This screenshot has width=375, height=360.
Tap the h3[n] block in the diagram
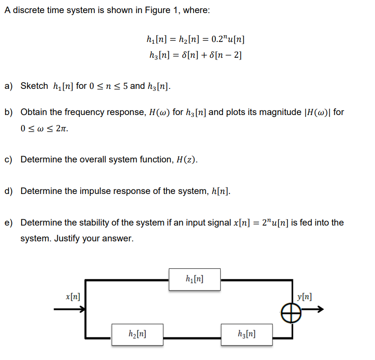point(247,334)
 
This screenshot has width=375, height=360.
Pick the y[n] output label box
point(305,297)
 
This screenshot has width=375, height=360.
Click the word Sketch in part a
point(34,86)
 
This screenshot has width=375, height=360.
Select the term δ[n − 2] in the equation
point(224,55)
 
